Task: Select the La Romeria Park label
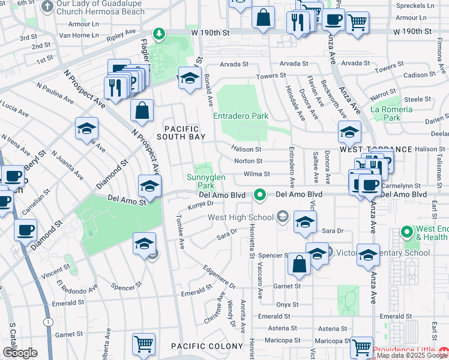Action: click(x=391, y=113)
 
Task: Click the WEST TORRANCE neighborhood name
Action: click(x=376, y=149)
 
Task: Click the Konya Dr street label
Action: click(x=202, y=205)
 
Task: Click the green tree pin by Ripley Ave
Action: click(x=159, y=34)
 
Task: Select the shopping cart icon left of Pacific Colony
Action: click(x=144, y=344)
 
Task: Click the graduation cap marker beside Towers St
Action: click(x=190, y=79)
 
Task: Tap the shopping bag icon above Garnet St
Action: click(x=299, y=264)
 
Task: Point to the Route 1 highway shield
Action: click(x=47, y=322)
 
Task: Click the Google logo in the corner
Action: click(x=20, y=353)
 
